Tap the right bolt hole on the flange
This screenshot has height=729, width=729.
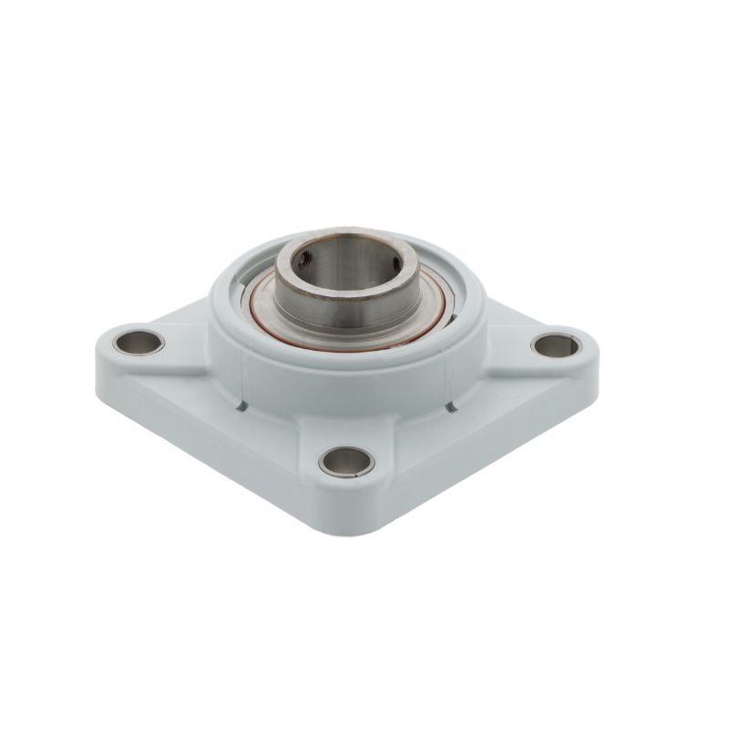555,345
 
